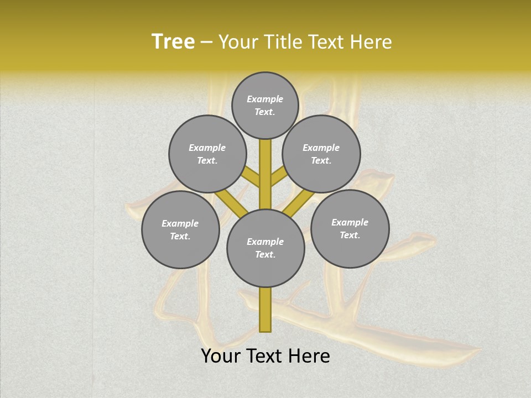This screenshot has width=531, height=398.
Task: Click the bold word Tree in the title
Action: pos(173,42)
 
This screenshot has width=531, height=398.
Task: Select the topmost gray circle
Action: pos(265,106)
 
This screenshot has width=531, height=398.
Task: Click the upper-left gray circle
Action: pos(207,154)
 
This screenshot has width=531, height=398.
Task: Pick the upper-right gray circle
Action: pos(321,154)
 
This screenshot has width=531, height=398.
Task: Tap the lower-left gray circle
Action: pos(180,229)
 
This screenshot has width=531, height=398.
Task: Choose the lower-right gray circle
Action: pos(350,228)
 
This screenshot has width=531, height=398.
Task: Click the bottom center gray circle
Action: pos(265,248)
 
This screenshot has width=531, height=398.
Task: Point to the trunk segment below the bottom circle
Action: pos(265,310)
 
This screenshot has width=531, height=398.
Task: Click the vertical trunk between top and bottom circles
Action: pos(265,174)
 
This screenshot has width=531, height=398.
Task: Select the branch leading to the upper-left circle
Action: pos(252,177)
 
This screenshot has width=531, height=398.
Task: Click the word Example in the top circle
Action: pos(265,99)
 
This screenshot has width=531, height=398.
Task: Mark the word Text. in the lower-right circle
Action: pos(350,235)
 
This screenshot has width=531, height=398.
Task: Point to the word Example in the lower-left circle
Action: pos(180,224)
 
